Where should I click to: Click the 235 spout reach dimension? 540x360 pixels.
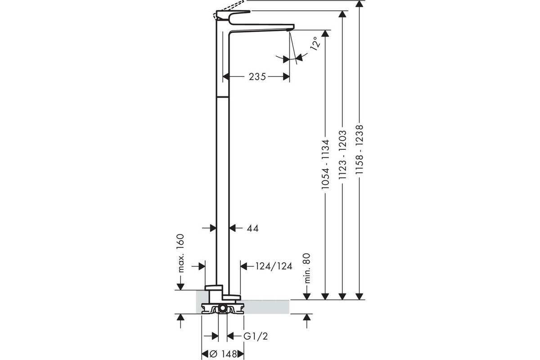(257, 76)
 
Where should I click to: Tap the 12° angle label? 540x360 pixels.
(315, 44)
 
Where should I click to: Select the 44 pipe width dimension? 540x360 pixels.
(252, 228)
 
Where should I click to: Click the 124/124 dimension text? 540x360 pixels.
(274, 266)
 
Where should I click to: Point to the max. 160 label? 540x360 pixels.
(180, 253)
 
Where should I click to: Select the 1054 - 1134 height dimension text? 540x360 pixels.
(325, 164)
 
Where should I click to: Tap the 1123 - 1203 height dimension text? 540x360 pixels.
(342, 155)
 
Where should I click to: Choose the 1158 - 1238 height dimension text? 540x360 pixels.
(359, 149)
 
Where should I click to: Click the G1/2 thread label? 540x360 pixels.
(256, 336)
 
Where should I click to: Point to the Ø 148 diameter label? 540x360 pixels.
(224, 354)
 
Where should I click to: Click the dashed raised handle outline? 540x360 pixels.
(229, 9)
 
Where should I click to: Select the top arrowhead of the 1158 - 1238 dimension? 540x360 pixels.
(359, 4)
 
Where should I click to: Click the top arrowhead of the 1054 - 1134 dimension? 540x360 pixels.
(325, 33)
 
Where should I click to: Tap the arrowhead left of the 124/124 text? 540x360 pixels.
(244, 266)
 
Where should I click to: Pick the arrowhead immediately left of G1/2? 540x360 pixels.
(231, 336)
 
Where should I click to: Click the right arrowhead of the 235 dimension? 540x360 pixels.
(286, 76)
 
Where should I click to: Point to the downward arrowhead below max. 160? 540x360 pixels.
(180, 287)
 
